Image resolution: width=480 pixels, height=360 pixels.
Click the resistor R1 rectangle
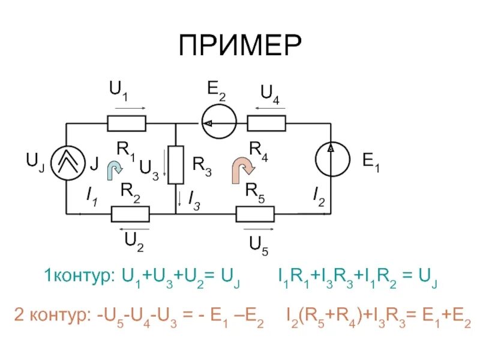tap(127, 123)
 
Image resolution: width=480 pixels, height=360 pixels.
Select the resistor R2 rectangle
tap(131, 214)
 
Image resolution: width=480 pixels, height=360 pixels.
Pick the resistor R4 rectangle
tap(266, 123)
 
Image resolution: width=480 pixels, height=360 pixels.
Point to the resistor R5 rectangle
tap(255, 214)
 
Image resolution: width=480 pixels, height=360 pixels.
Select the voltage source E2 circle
tap(218, 123)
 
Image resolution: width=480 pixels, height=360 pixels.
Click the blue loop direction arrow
tap(113, 170)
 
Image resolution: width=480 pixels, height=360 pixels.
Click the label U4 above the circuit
tap(271, 92)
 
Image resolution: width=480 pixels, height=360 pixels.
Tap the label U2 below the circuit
tap(134, 240)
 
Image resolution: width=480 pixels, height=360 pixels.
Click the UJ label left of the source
tap(34, 161)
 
